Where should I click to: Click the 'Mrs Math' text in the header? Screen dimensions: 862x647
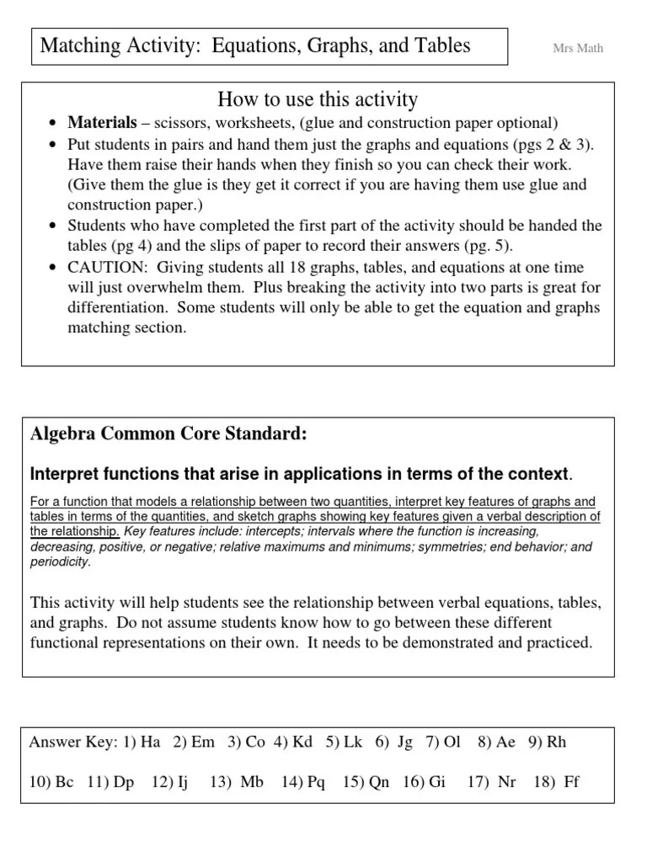click(x=577, y=48)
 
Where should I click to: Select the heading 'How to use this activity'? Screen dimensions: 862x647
click(x=318, y=100)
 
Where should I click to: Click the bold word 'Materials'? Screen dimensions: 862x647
click(x=102, y=123)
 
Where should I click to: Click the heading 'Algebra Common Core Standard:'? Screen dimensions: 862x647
click(x=168, y=434)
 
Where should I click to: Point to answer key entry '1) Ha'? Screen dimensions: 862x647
click(x=142, y=742)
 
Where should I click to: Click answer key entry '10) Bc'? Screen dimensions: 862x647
click(x=52, y=782)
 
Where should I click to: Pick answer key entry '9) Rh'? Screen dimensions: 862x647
click(x=548, y=742)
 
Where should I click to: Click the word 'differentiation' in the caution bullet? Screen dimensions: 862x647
click(x=117, y=308)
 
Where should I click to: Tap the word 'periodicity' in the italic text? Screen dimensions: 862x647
click(x=61, y=561)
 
